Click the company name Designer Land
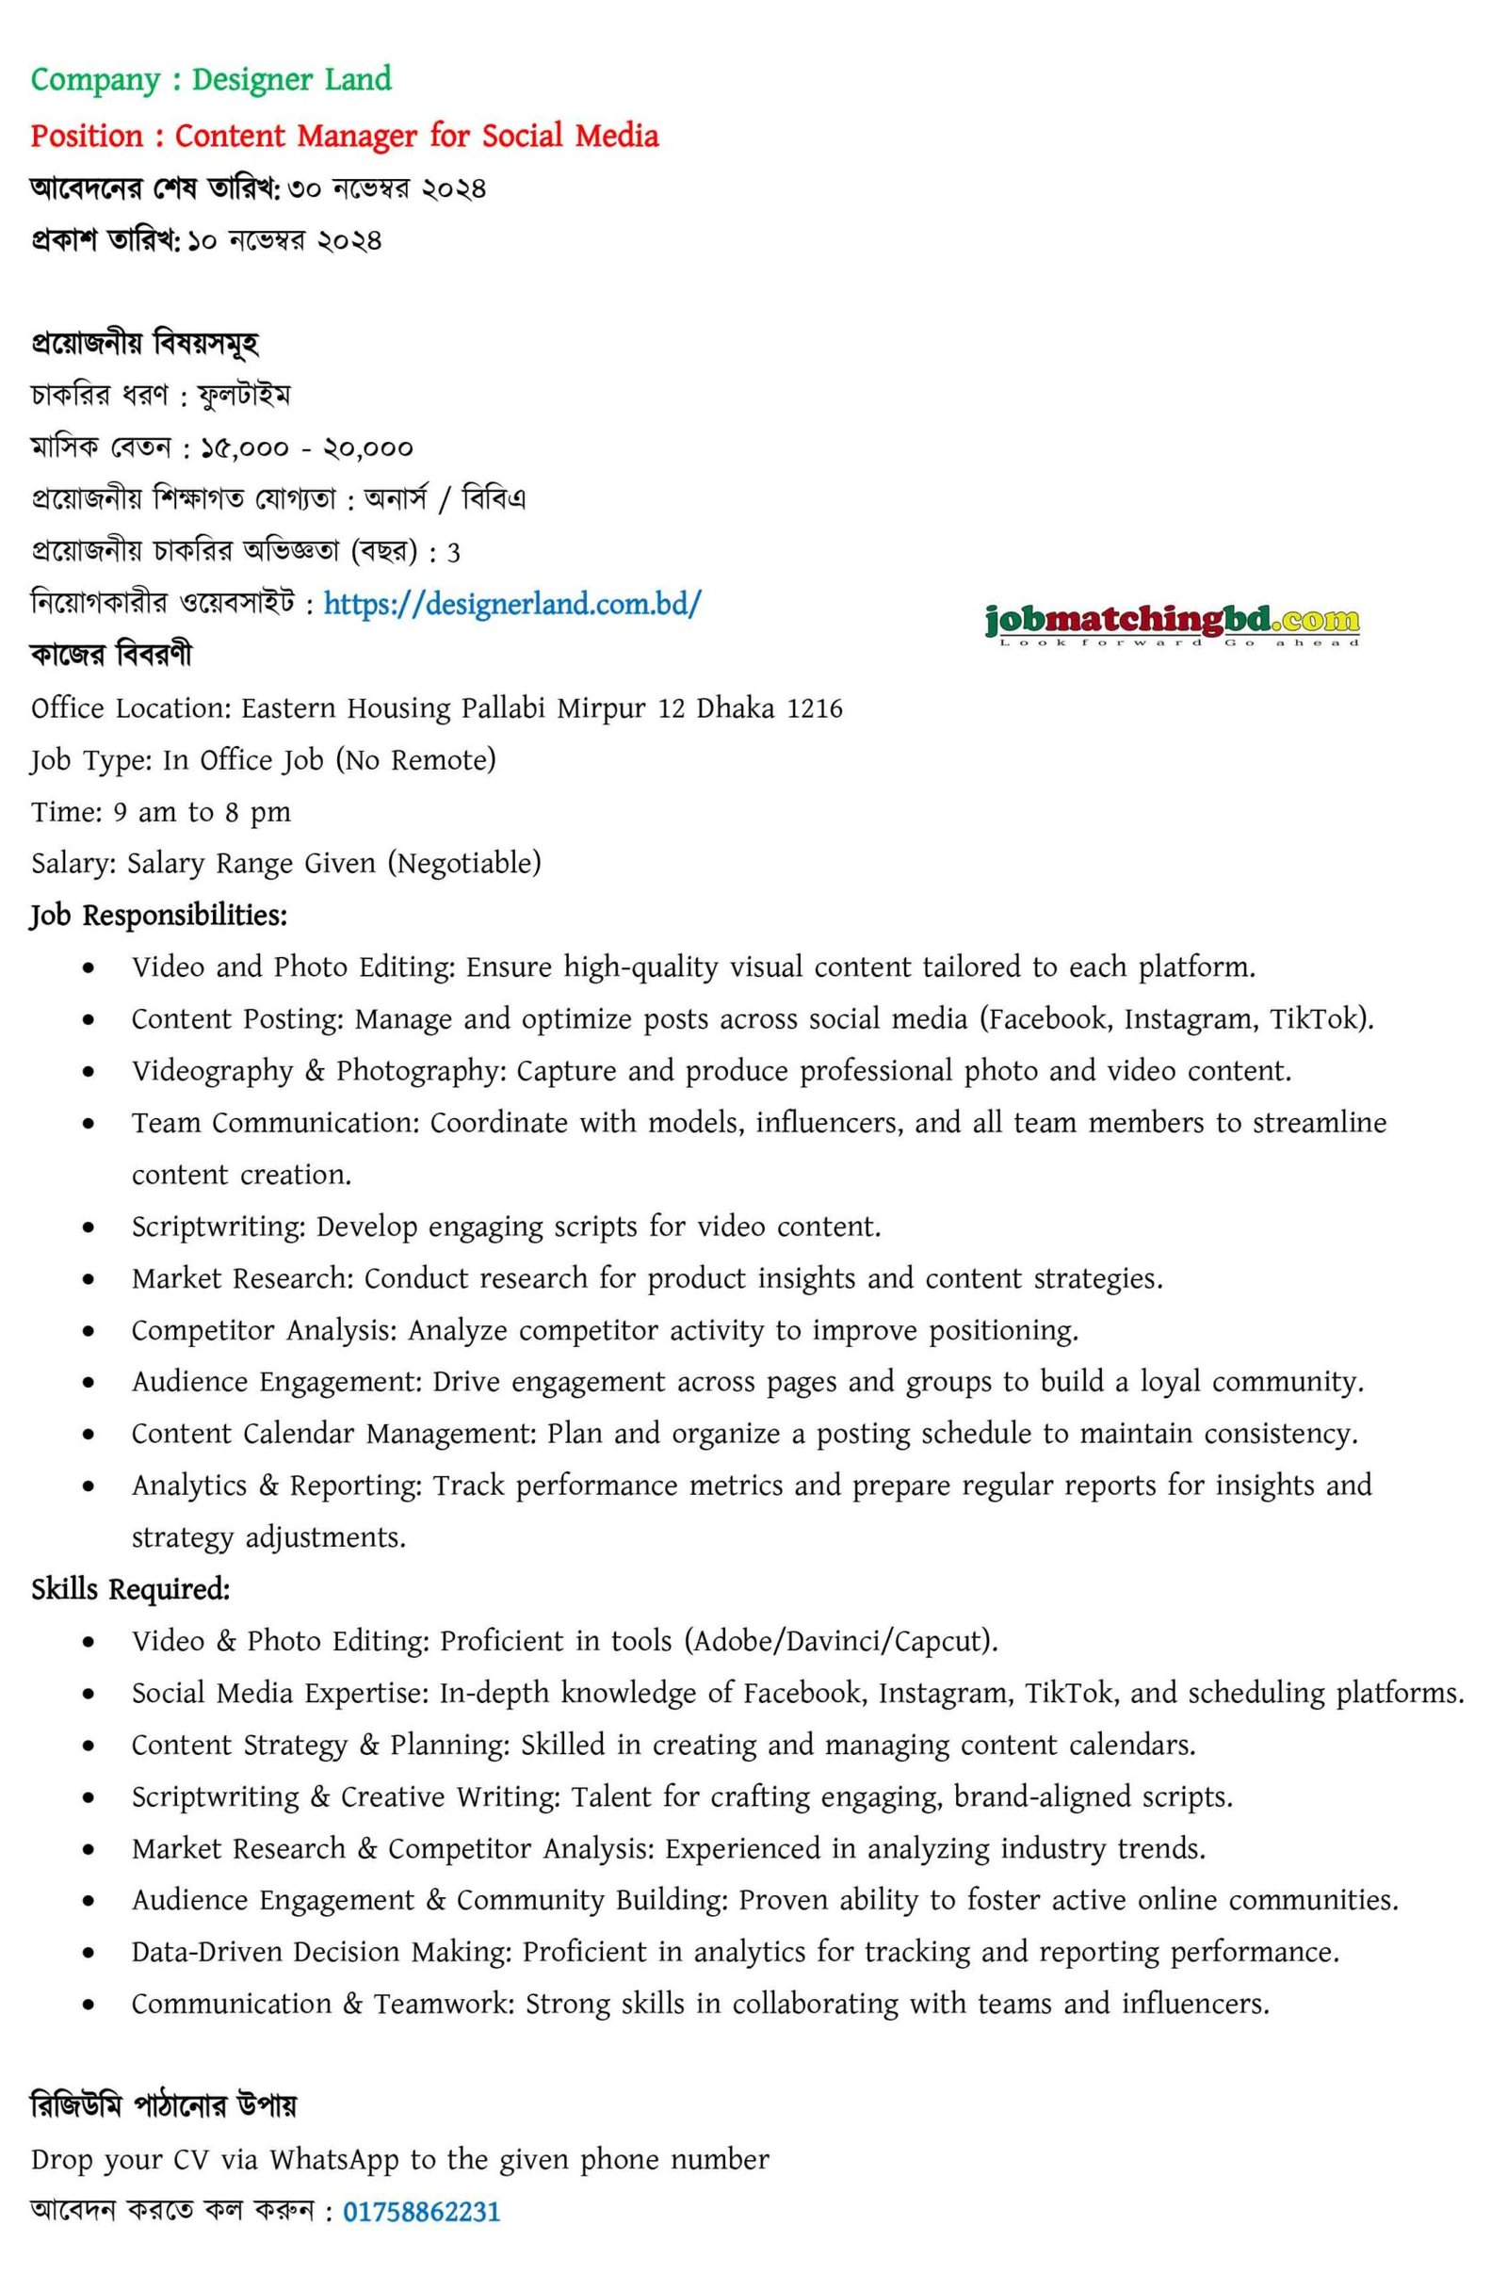point(292,79)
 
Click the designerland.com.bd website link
point(512,604)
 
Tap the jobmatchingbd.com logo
point(1171,623)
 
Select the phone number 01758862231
point(422,2211)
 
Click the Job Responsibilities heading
point(159,915)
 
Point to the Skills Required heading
point(130,1589)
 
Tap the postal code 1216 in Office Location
point(814,709)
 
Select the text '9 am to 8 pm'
point(202,812)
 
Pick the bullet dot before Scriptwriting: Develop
point(89,1227)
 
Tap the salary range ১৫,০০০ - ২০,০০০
point(306,448)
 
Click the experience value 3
point(453,553)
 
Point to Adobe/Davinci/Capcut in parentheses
point(839,1641)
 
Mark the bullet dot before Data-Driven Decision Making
point(89,1954)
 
